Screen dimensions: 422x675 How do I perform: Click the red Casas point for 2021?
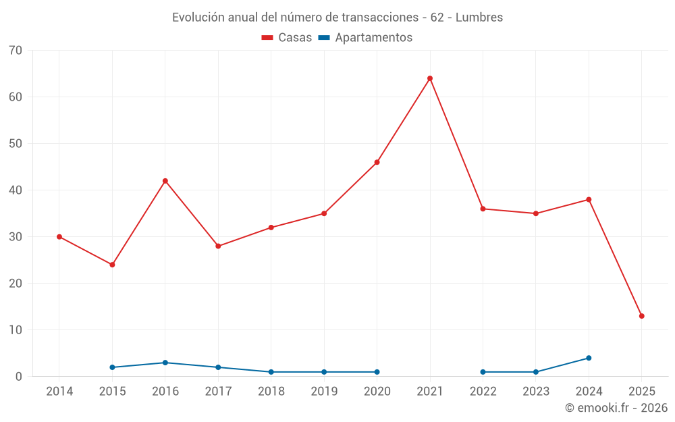(430, 78)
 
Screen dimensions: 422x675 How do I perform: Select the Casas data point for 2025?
(641, 316)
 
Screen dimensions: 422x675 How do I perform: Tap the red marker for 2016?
(165, 181)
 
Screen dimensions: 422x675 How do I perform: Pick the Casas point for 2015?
(112, 265)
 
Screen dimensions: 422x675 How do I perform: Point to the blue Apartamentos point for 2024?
(589, 358)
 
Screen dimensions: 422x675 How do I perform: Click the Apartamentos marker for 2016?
(165, 363)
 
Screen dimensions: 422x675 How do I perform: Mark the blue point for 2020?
(377, 372)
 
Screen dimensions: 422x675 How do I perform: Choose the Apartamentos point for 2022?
(483, 372)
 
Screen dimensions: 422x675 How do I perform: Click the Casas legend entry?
(288, 38)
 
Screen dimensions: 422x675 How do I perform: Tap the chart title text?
(337, 18)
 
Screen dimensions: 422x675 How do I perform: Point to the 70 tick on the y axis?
(16, 51)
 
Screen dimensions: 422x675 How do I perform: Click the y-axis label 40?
(16, 190)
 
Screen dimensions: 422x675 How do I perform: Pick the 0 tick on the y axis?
(19, 377)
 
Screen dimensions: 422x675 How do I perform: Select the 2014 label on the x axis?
(59, 392)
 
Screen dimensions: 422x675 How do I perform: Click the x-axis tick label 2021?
(430, 392)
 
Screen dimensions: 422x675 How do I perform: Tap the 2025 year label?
(641, 392)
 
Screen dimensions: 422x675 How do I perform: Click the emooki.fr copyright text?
(616, 408)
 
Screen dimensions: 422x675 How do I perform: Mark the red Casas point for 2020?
(377, 162)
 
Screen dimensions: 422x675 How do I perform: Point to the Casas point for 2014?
(59, 237)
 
